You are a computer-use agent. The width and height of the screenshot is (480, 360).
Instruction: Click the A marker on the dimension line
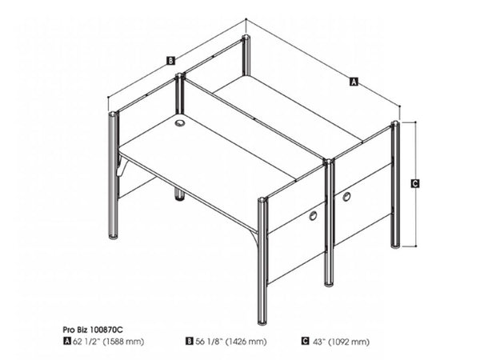point(354,80)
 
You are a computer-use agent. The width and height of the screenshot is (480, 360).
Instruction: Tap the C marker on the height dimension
point(415,184)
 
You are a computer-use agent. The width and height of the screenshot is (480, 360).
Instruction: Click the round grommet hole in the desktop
point(178,123)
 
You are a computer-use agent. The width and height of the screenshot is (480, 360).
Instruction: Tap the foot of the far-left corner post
point(113,236)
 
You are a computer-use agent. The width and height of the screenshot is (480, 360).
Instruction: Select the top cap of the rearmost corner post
point(246,38)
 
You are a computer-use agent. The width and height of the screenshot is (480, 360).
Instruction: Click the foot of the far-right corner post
point(394,243)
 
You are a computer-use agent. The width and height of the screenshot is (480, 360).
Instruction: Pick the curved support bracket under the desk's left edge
point(122,169)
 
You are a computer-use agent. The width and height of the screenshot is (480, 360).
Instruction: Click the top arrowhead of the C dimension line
point(415,124)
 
